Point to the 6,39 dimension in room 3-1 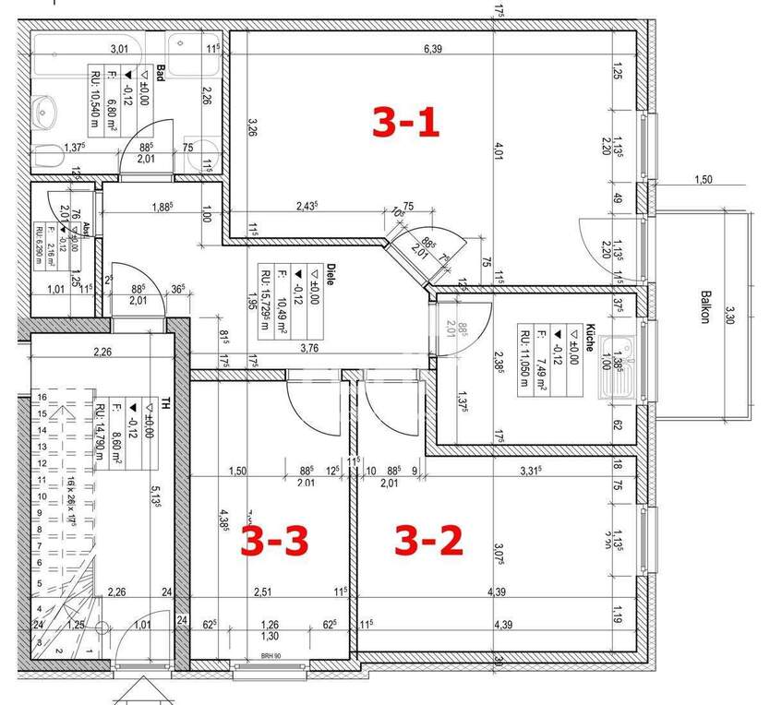point(432,50)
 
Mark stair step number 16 point(40,397)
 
